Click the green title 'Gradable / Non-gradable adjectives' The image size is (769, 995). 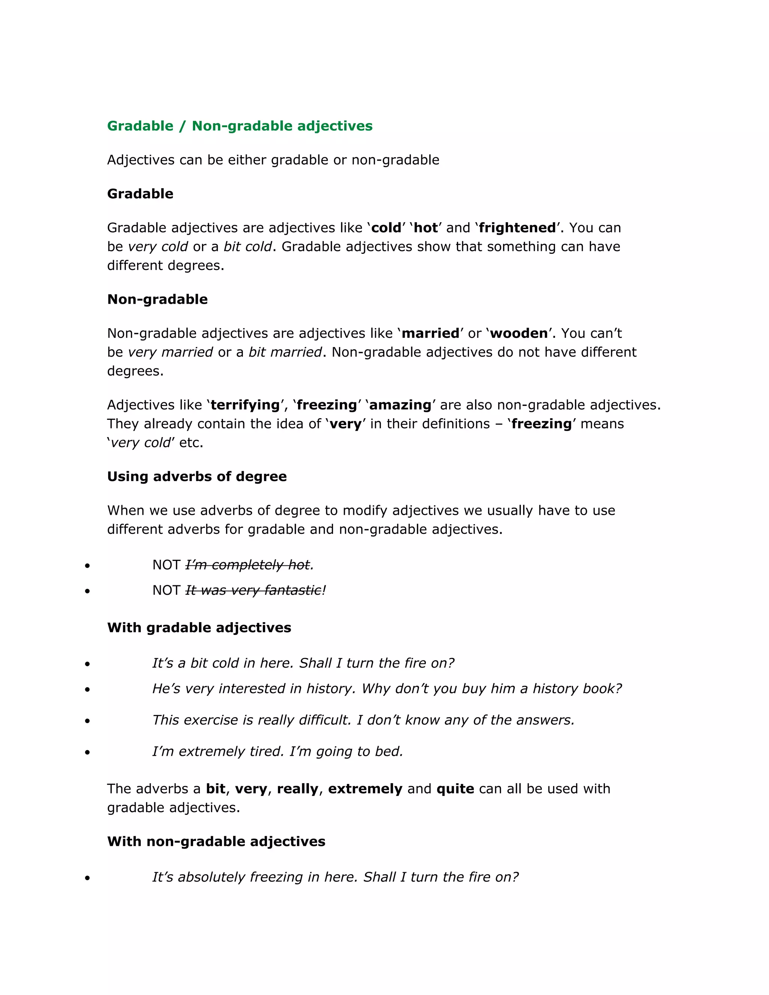[x=240, y=126]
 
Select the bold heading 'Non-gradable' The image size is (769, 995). [x=157, y=299]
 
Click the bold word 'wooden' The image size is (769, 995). [x=519, y=333]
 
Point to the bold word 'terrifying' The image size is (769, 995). [x=245, y=405]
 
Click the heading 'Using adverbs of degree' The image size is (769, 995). [x=197, y=476]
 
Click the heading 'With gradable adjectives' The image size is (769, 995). [x=199, y=628]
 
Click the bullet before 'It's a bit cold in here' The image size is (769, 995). [x=87, y=664]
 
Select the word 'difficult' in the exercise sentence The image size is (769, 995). [x=324, y=720]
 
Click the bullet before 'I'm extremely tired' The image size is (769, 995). [x=87, y=752]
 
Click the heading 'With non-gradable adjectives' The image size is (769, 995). [x=216, y=841]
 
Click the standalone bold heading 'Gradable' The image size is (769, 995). [x=140, y=194]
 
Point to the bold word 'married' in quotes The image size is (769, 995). [x=430, y=333]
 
